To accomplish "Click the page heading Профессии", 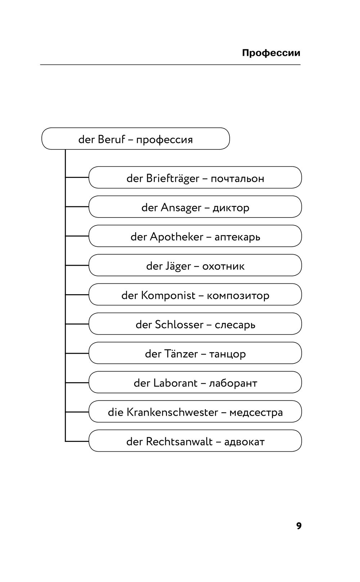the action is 271,53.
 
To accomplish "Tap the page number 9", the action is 299,526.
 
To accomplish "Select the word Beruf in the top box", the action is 112,139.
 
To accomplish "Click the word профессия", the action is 164,140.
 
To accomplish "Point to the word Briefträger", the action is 172,179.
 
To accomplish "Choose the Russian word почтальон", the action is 237,179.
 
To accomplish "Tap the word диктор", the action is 231,209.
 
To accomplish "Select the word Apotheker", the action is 177,237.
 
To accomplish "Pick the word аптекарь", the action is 237,237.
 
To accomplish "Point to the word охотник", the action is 223,267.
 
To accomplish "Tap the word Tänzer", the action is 181,354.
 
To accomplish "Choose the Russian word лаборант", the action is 233,384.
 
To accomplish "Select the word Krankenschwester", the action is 172,412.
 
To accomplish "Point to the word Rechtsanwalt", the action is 179,442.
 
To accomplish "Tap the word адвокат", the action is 244,442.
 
